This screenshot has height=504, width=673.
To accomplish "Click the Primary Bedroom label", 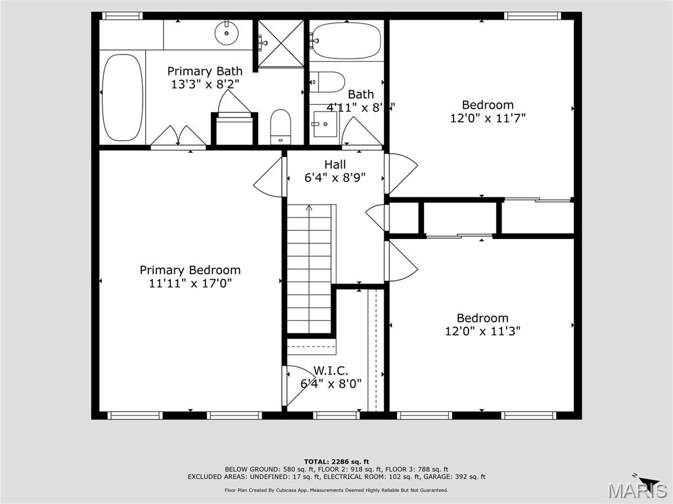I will click(190, 270).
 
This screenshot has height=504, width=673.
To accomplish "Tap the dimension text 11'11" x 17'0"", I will click(190, 283).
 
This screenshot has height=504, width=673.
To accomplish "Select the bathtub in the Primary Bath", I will click(122, 97).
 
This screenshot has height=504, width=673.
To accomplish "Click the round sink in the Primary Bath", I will click(227, 30).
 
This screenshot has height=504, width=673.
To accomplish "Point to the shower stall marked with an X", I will click(281, 43).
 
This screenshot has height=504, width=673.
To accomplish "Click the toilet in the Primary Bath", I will click(281, 127).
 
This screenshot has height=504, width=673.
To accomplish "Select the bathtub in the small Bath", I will click(346, 41).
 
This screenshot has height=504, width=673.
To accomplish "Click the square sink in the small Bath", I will click(325, 123).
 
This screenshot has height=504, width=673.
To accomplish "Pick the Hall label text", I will click(335, 164).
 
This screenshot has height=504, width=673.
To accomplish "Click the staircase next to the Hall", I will click(310, 269).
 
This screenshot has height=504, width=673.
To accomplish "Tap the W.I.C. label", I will click(331, 371).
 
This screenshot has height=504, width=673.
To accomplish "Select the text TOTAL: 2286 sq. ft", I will click(336, 461).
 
